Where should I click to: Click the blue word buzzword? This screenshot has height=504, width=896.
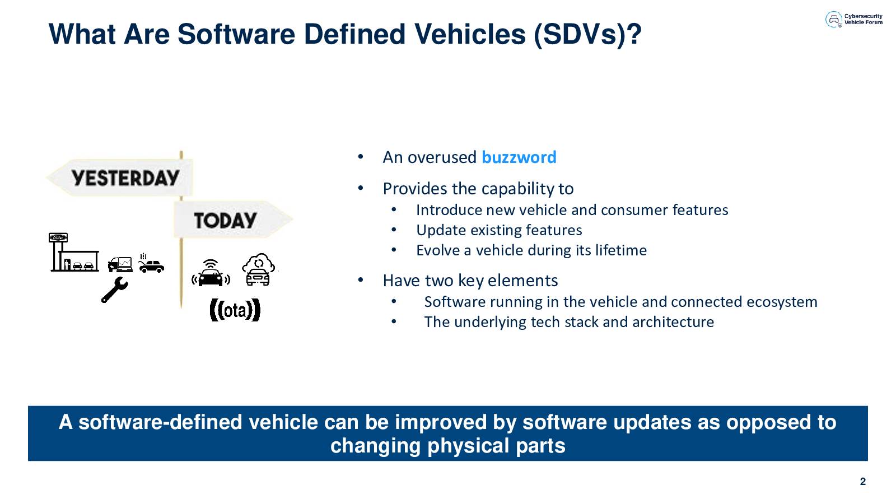click(519, 157)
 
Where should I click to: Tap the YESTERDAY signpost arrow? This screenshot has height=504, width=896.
click(120, 178)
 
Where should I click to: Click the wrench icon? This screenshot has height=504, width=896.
click(114, 290)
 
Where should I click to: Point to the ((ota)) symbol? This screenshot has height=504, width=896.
click(235, 310)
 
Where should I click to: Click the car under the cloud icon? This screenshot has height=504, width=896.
click(258, 277)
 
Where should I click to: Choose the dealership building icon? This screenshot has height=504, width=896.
click(74, 252)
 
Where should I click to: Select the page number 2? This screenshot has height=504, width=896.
click(863, 481)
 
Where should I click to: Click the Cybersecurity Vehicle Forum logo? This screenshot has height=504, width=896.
click(853, 19)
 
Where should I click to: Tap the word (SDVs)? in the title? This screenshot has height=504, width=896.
click(587, 35)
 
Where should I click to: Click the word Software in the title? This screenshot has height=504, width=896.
click(236, 34)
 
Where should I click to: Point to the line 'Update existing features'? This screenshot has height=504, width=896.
click(499, 230)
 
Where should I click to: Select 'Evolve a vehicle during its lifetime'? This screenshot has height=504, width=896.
click(531, 250)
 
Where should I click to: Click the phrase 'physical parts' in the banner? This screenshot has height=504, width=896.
click(496, 446)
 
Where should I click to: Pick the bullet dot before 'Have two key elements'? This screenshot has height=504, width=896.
click(361, 280)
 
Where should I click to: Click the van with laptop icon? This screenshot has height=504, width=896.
click(120, 264)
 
